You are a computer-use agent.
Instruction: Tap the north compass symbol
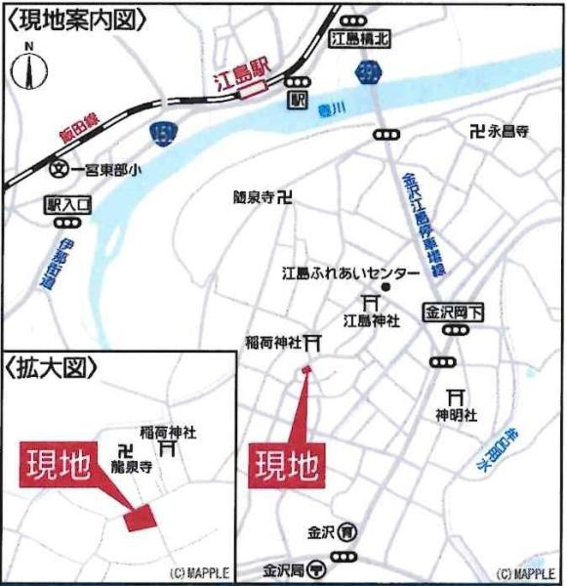pos(28,69)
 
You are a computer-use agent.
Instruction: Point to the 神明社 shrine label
pos(456,415)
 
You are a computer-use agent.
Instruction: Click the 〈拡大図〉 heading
pos(54,370)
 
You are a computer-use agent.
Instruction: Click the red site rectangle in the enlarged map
pos(141,518)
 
